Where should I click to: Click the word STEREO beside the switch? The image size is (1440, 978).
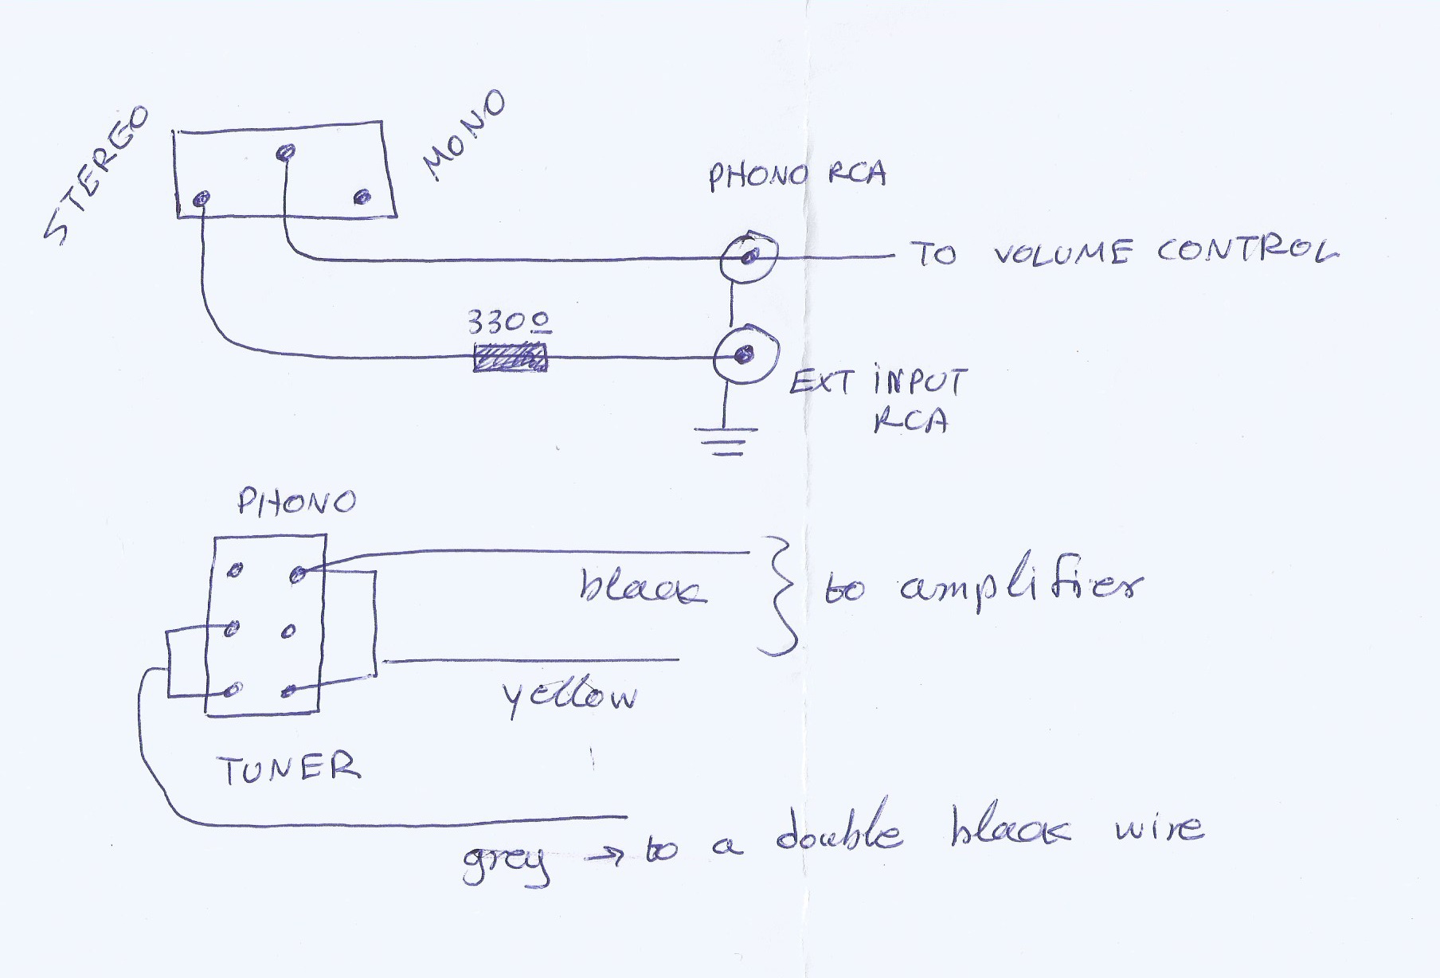click(x=97, y=175)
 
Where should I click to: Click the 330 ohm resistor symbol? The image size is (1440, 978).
click(x=510, y=357)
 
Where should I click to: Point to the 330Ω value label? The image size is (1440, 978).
click(x=508, y=322)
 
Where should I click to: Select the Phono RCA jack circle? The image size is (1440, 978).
click(x=748, y=256)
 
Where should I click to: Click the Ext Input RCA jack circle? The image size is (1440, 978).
click(x=745, y=354)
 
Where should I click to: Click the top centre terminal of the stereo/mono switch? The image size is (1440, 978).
click(x=285, y=151)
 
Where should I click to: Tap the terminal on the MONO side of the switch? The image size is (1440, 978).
click(x=362, y=196)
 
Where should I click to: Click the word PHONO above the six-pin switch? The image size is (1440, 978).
click(x=296, y=502)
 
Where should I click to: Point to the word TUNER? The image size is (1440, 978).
click(x=288, y=769)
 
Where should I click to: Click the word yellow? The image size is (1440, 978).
click(x=569, y=698)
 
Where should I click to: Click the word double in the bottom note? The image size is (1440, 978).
click(x=839, y=830)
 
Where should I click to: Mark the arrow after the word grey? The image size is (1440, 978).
click(x=608, y=857)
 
